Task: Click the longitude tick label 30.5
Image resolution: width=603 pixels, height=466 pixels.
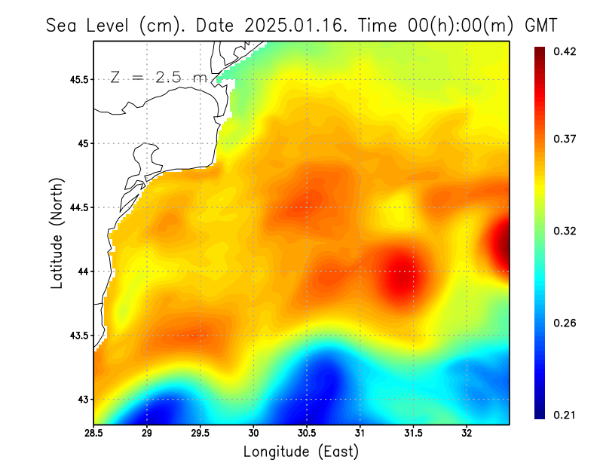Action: pyautogui.click(x=307, y=434)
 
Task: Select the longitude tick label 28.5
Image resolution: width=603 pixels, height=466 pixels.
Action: pyautogui.click(x=94, y=434)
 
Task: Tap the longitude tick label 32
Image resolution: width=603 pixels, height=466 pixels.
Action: pyautogui.click(x=467, y=434)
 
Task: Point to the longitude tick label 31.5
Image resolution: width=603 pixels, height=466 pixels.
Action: pyautogui.click(x=413, y=434)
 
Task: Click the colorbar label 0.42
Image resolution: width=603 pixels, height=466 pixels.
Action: pyautogui.click(x=565, y=51)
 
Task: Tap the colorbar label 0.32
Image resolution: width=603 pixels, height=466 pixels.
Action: pyautogui.click(x=565, y=231)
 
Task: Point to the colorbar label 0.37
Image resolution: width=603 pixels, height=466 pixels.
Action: pyautogui.click(x=565, y=139)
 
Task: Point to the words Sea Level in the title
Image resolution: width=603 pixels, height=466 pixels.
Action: pyautogui.click(x=90, y=25)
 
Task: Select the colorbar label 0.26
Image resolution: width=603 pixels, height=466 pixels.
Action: pyautogui.click(x=565, y=323)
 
